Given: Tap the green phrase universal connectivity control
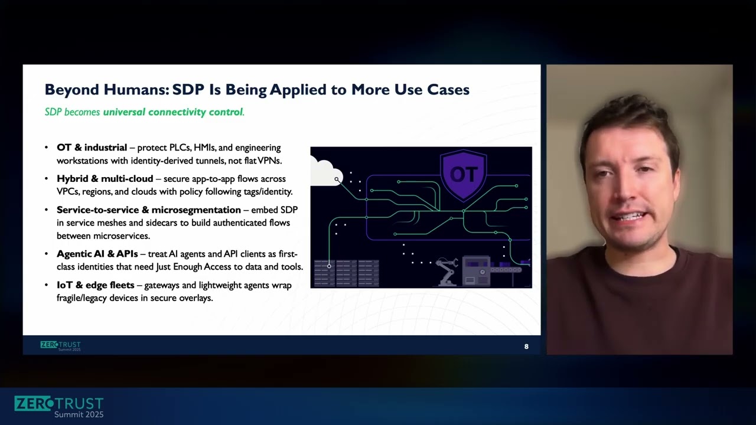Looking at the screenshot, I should pos(172,112).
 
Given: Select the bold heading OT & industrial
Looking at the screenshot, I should pos(92,148).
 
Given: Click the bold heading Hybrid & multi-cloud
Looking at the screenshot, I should pos(105,179).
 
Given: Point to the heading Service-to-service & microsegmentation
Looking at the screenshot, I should pos(148,210).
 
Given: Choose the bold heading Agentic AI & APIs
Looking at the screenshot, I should pos(97,254).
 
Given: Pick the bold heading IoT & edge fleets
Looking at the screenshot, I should pos(95,285).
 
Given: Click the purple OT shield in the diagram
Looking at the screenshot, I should pos(464,175).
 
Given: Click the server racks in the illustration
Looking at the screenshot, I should pos(346,273).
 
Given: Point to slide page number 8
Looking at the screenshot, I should pos(526,346).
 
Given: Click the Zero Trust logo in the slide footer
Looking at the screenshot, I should pos(60,345).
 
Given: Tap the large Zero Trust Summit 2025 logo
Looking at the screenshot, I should pos(58,407).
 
